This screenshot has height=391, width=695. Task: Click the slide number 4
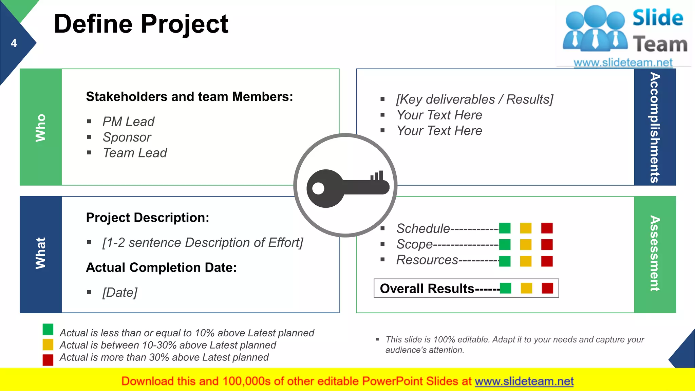coord(14,43)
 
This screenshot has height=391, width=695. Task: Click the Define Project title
coord(141,24)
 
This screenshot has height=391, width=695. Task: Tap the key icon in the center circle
coord(346,187)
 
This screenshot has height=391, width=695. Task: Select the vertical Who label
coord(40,128)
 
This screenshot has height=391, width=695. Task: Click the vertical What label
coord(40,253)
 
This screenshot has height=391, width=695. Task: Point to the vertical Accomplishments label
coord(655,128)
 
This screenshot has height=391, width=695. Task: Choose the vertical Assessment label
coord(655,253)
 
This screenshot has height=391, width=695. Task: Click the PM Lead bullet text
coord(128,122)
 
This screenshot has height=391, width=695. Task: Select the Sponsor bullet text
coord(127,137)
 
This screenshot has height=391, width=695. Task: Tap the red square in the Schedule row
coord(547,228)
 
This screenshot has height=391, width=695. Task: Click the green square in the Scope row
coord(505,244)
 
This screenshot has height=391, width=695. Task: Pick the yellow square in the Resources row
coord(526,261)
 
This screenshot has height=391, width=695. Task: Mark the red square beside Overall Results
coord(547,288)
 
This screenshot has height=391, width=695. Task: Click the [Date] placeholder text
coord(120,292)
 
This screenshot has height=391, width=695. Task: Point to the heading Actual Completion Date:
coord(161,267)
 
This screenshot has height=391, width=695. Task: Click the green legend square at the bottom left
coord(48,329)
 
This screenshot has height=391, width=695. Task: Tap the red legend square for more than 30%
coord(48,360)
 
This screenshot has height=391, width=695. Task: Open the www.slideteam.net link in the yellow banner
coord(524,381)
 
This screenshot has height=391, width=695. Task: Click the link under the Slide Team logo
coord(623,62)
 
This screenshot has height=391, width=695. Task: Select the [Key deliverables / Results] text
coord(474,99)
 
